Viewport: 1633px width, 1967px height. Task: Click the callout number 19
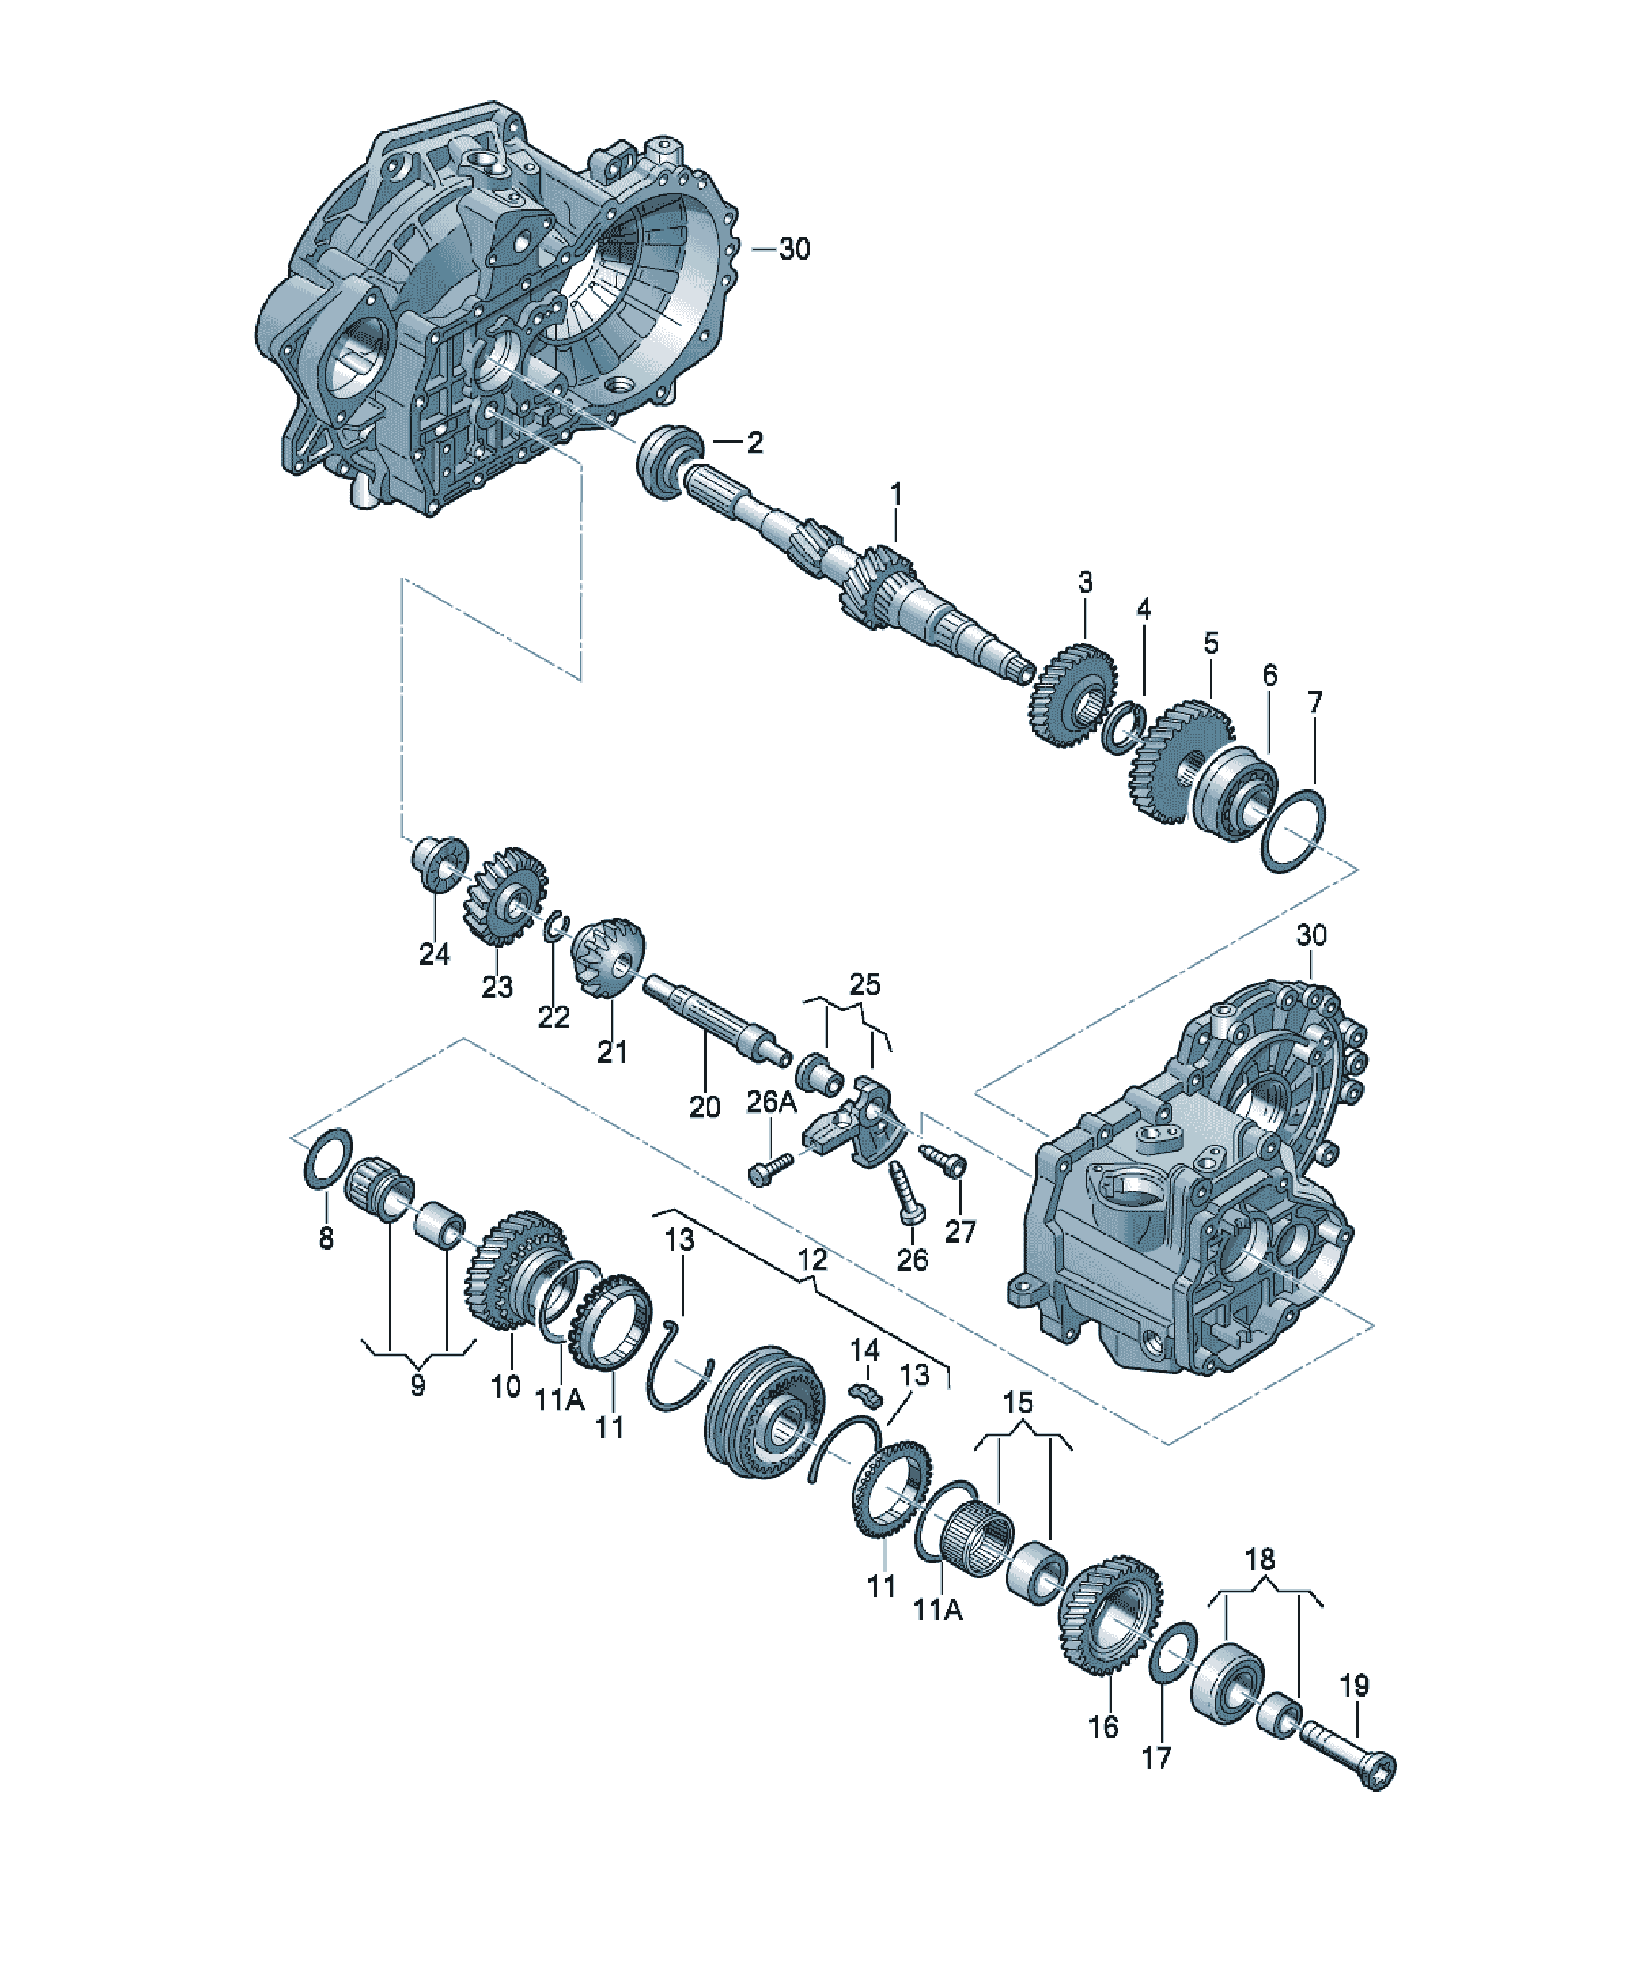(1354, 1685)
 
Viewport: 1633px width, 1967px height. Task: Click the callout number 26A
(771, 1103)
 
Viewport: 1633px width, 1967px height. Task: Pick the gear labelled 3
(1074, 694)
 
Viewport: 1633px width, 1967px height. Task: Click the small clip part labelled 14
(865, 1392)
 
